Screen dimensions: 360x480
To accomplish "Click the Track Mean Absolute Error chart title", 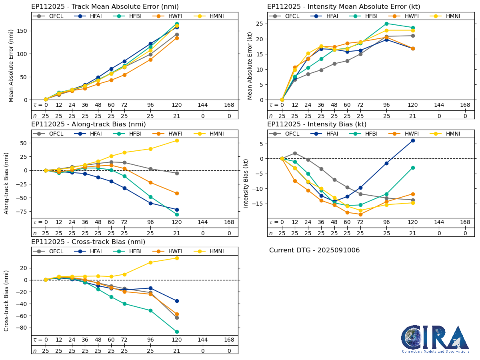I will pyautogui.click(x=105, y=7).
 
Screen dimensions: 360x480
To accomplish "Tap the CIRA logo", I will pyautogui.click(x=435, y=339).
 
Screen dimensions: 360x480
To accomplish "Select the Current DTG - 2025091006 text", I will pyautogui.click(x=314, y=250).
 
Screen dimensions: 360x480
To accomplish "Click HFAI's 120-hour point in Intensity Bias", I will pyautogui.click(x=413, y=140).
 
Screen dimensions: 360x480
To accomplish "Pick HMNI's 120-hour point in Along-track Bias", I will pyautogui.click(x=177, y=140).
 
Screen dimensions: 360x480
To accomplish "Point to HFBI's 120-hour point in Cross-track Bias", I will pyautogui.click(x=177, y=332).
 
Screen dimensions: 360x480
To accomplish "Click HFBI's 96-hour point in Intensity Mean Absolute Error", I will pyautogui.click(x=386, y=24).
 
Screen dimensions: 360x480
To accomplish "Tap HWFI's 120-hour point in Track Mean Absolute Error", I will pyautogui.click(x=177, y=38).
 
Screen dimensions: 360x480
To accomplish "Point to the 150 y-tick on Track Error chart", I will pyautogui.click(x=25, y=31).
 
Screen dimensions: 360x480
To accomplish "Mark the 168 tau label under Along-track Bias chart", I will pyautogui.click(x=229, y=222).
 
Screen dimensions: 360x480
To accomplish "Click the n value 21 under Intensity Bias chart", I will pyautogui.click(x=413, y=233).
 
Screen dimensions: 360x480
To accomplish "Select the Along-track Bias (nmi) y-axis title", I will pyautogui.click(x=7, y=183).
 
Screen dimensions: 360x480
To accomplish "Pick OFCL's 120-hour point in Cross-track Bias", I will pyautogui.click(x=177, y=318).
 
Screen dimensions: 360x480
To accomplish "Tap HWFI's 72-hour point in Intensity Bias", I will pyautogui.click(x=360, y=214).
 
